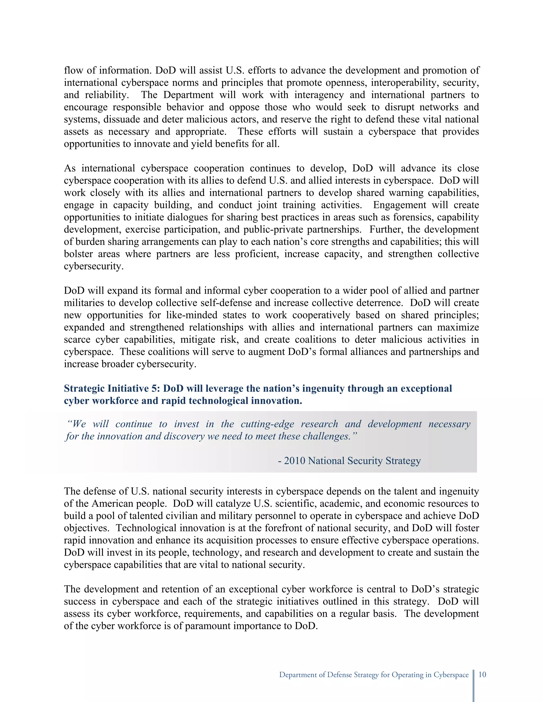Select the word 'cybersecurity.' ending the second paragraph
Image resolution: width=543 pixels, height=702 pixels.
click(94, 266)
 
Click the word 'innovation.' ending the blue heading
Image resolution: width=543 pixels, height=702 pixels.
click(276, 401)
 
